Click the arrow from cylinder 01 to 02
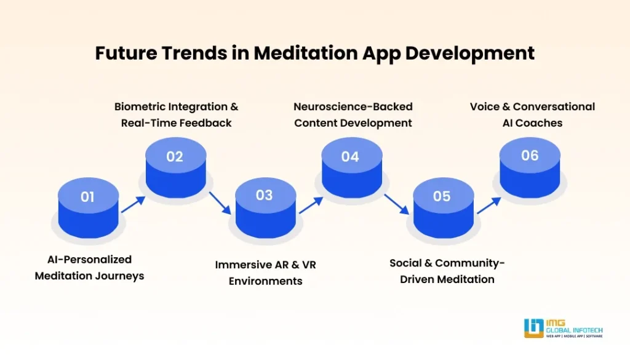pyautogui.click(x=133, y=204)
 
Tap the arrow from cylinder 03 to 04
pyautogui.click(x=311, y=205)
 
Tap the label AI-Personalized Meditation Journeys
pyautogui.click(x=89, y=268)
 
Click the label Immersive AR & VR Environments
pyautogui.click(x=265, y=273)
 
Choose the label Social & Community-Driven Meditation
pyautogui.click(x=447, y=271)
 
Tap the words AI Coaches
pyautogui.click(x=532, y=122)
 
